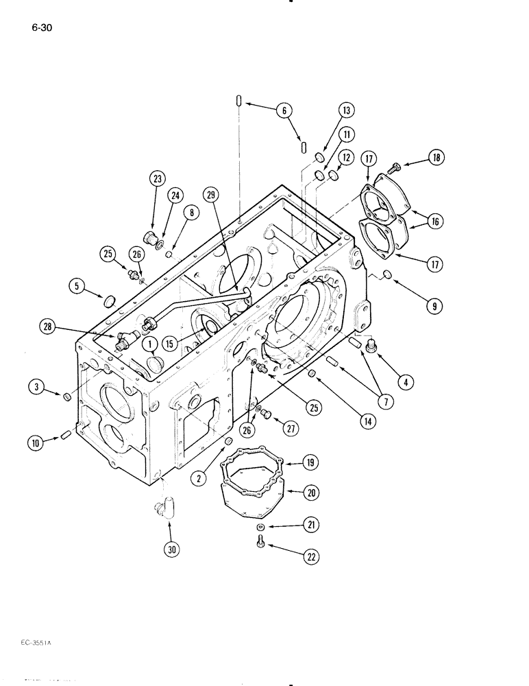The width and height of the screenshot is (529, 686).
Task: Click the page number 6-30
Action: coord(42,28)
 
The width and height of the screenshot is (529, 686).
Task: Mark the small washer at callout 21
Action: coord(262,526)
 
